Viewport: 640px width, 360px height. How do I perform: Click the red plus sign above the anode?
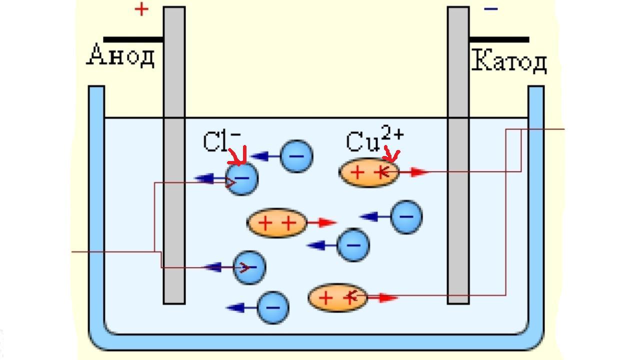[141, 9]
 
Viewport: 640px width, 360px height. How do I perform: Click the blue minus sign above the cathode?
[491, 9]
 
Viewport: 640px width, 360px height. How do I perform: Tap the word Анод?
[121, 55]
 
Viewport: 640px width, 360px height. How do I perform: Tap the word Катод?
[508, 62]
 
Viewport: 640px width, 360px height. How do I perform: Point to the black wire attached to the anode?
[133, 39]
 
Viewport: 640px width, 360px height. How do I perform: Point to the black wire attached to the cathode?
[498, 39]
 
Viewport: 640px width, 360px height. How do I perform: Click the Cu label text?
[362, 142]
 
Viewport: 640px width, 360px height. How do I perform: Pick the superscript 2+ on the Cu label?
[392, 133]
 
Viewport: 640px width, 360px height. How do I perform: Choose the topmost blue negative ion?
[296, 156]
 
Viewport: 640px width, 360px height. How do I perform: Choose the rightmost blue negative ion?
[406, 217]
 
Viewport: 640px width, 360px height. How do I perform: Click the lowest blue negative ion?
[273, 307]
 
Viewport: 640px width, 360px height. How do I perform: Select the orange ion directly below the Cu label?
[369, 172]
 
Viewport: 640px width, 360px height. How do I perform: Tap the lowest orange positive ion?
[337, 298]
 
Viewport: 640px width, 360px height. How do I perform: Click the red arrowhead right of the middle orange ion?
[327, 222]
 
